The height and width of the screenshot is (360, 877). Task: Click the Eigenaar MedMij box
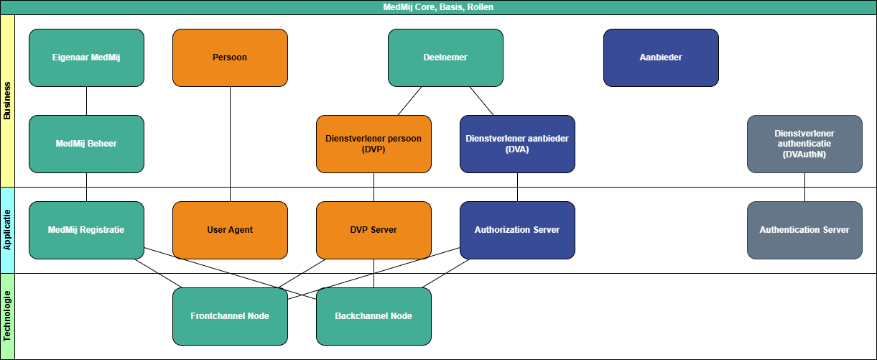86,57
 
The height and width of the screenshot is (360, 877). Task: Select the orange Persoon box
230,57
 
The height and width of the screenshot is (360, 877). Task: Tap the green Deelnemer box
445,57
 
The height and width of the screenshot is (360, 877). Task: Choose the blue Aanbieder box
661,57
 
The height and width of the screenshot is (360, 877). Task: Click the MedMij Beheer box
86,144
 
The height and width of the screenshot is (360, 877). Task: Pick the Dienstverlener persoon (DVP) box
373,144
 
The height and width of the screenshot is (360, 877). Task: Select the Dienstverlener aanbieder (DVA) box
517,144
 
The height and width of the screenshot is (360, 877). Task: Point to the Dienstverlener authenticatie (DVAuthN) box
804,144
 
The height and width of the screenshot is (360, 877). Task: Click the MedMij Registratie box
86,230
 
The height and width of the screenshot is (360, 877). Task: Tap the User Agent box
230,230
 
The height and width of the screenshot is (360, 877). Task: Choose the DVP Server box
373,230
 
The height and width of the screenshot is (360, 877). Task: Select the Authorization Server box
517,230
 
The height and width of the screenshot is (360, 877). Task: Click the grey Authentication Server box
804,230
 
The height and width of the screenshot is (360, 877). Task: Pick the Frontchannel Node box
230,316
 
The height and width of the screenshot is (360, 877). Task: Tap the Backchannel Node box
373,316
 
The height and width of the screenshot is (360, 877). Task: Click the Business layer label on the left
7,101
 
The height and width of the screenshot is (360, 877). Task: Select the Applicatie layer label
7,230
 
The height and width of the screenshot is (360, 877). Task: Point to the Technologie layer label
7,316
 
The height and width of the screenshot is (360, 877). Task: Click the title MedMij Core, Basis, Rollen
438,7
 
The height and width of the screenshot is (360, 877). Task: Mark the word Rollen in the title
481,7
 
